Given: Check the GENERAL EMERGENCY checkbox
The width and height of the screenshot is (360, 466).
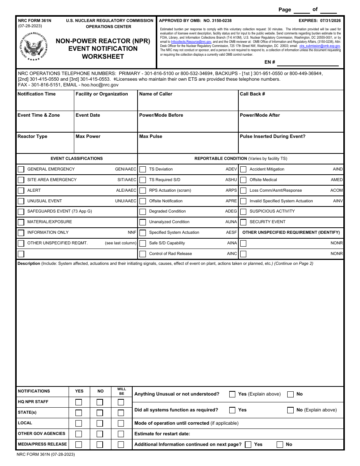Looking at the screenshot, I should tap(21, 169).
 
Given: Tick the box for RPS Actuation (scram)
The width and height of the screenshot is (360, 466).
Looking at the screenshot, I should tap(142, 191).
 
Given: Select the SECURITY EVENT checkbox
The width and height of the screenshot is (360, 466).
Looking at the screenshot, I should tap(243, 222).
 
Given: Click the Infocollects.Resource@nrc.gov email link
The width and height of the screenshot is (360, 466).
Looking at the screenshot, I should tap(191, 42).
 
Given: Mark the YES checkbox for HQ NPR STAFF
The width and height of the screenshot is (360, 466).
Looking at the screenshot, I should tap(79, 402).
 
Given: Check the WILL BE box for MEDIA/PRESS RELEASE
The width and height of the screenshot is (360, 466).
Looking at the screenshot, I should tap(121, 445).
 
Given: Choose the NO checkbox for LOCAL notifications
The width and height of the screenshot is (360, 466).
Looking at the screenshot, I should tap(100, 424).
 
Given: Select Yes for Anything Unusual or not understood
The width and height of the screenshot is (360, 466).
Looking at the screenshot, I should tap(232, 394).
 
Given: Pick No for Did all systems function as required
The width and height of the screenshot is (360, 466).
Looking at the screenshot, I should tap(290, 410).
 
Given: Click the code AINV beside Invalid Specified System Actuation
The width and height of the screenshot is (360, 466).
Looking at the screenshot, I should tap(338, 201).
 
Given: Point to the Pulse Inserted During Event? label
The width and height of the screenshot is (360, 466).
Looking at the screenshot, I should tap(272, 136).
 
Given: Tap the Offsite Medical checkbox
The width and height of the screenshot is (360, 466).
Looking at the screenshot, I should tap(243, 180).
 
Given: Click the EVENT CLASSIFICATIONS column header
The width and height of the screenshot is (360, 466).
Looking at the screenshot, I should tap(77, 158).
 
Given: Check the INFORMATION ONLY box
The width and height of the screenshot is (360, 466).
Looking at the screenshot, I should tap(21, 233).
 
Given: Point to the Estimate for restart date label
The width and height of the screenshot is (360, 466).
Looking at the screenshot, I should tap(162, 434).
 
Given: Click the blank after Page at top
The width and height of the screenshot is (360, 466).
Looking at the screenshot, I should tap(301, 10).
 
